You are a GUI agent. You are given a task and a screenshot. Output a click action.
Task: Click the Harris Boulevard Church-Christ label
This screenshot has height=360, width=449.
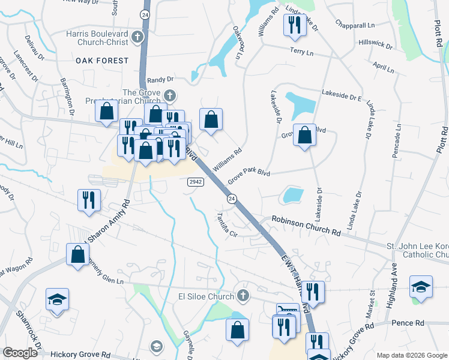coord(97,38)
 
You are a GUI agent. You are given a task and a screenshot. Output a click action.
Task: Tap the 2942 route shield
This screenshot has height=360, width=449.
coord(194,182)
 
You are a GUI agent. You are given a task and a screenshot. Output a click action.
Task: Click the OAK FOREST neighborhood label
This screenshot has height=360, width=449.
coord(102,61)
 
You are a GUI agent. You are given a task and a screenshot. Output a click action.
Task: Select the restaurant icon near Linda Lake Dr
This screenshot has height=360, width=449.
coord(294,25)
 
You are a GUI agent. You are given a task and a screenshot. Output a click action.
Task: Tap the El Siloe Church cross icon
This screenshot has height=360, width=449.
coord(243,295)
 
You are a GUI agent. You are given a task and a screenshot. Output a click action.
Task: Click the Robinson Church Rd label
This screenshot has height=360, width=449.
coord(306,225)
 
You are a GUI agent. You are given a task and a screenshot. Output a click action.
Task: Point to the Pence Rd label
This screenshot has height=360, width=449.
coord(408,323)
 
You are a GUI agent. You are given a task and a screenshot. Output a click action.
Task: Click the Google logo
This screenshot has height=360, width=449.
coord(20,353)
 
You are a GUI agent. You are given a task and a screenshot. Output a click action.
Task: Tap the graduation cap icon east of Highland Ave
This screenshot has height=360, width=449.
coord(421,286)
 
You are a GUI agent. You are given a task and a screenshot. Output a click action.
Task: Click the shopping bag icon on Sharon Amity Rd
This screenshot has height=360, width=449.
coord(78,254)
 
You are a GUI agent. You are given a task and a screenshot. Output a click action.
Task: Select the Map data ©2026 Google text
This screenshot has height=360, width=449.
coord(411,355)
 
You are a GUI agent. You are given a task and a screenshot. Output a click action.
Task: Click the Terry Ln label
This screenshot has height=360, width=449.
coord(301,53)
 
